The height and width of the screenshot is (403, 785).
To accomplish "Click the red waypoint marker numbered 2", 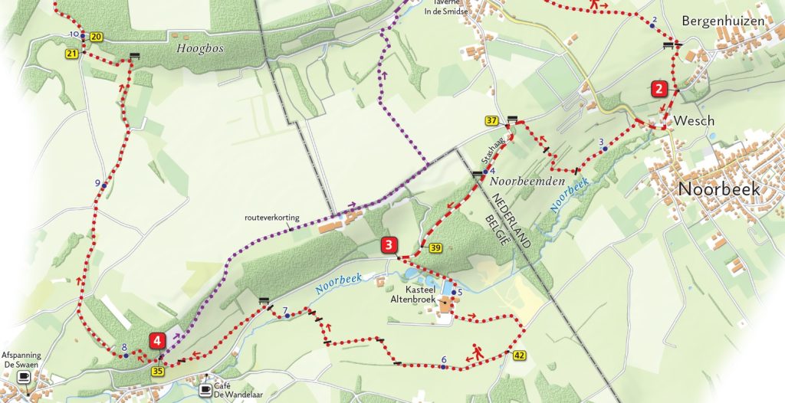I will coord(659,88).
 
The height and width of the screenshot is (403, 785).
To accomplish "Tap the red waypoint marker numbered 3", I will coord(389,245).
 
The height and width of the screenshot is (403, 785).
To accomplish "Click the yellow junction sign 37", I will coord(491,121).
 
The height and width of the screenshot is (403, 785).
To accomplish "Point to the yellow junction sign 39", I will coord(435,247).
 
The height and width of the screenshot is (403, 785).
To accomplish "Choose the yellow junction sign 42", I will coord(520,355).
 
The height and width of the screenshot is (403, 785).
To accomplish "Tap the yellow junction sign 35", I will coord(158,372).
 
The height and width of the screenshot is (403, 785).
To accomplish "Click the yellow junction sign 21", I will coord(72,54).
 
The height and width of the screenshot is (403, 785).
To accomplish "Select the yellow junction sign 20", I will coord(95,37).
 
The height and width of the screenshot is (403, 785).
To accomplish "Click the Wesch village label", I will coord(694,121).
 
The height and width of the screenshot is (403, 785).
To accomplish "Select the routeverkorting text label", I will coord(272,218).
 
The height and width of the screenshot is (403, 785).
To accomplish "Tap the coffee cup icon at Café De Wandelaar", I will coord(205,390).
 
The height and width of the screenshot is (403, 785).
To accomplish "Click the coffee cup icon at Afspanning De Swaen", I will coord(24,377).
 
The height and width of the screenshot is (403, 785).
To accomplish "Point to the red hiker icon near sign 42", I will coord(477,351).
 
